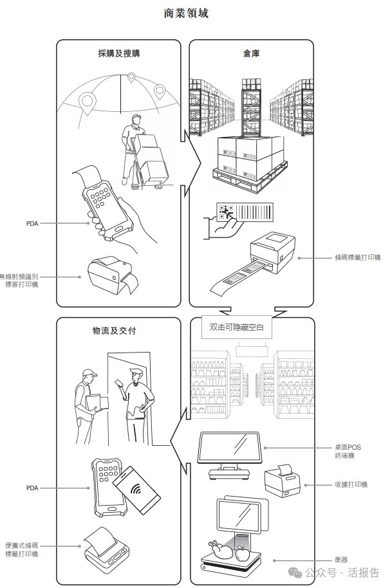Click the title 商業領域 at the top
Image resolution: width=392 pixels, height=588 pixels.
(x=186, y=13)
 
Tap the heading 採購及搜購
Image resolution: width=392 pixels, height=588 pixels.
(x=119, y=53)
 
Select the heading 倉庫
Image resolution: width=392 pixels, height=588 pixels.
(x=251, y=53)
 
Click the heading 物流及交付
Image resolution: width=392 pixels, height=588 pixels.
(x=115, y=331)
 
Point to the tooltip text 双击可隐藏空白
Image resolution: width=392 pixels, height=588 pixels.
(x=237, y=327)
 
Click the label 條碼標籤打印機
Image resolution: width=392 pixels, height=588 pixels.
(x=358, y=257)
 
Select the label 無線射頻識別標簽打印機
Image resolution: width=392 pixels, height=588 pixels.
(x=19, y=280)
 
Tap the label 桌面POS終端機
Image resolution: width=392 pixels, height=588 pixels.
(x=348, y=452)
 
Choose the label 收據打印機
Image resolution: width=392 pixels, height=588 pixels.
(x=351, y=484)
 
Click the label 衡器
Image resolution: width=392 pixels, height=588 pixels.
(x=341, y=560)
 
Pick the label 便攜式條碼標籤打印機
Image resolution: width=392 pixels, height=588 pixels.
(x=22, y=550)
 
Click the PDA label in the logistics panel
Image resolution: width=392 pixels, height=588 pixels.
(x=32, y=488)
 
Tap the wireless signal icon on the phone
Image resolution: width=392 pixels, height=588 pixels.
(x=136, y=489)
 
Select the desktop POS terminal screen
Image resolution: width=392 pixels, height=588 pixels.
(x=229, y=447)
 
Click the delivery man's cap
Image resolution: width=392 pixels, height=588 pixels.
(x=89, y=373)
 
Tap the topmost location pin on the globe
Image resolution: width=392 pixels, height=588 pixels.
(x=131, y=78)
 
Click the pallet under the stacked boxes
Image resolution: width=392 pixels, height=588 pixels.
(x=250, y=178)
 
